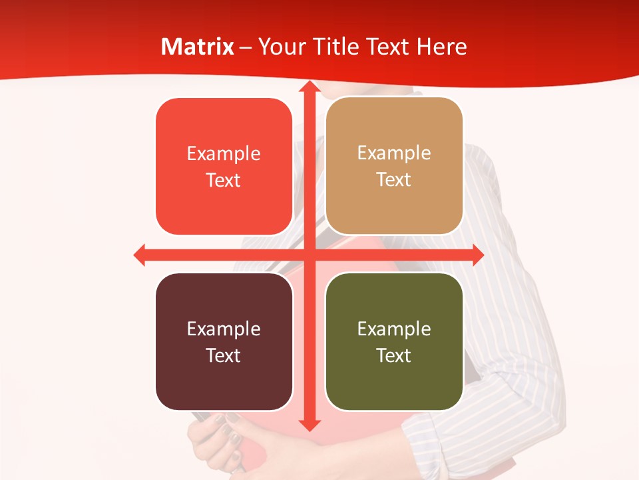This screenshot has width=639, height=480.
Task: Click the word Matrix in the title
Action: [198, 47]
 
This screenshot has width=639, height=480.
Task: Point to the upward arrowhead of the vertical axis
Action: [309, 87]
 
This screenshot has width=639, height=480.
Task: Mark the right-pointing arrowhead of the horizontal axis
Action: [478, 255]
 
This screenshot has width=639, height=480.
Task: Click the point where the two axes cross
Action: [309, 255]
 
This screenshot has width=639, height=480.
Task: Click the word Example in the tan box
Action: [394, 153]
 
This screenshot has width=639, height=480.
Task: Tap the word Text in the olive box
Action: [394, 355]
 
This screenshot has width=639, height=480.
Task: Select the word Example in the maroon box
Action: [224, 329]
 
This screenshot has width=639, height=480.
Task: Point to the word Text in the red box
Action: [224, 180]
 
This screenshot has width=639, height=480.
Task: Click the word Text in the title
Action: [387, 47]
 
